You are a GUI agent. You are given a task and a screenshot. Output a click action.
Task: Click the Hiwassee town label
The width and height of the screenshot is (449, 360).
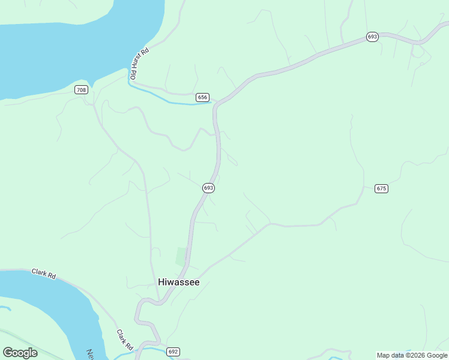pos(178,282)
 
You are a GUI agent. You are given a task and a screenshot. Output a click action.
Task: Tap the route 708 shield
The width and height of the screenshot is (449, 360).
pos(81,90)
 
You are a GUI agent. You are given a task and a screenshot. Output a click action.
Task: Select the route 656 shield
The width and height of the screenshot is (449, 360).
pos(202,97)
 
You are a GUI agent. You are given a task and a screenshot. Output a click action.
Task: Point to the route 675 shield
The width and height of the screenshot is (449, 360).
pos(381,188)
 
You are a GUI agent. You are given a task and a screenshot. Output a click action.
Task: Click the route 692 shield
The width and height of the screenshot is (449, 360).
pos(173,352)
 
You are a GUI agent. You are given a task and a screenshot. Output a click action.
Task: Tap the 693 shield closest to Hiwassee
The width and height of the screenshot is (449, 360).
pos(208,188)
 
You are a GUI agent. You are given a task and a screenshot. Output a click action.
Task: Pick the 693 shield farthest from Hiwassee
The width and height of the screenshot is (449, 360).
pos(372,37)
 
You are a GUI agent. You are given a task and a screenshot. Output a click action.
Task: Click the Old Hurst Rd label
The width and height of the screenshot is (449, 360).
pos(139,64)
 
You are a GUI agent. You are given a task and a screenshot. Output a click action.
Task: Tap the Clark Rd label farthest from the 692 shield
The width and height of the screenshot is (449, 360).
pos(44,274)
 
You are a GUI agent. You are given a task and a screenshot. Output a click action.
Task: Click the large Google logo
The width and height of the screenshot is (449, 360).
pos(20,353)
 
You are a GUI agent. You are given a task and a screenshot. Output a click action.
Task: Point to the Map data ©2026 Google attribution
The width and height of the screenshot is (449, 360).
pos(412,355)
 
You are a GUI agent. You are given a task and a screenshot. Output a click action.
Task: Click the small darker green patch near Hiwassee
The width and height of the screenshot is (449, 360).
pos(181,256)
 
